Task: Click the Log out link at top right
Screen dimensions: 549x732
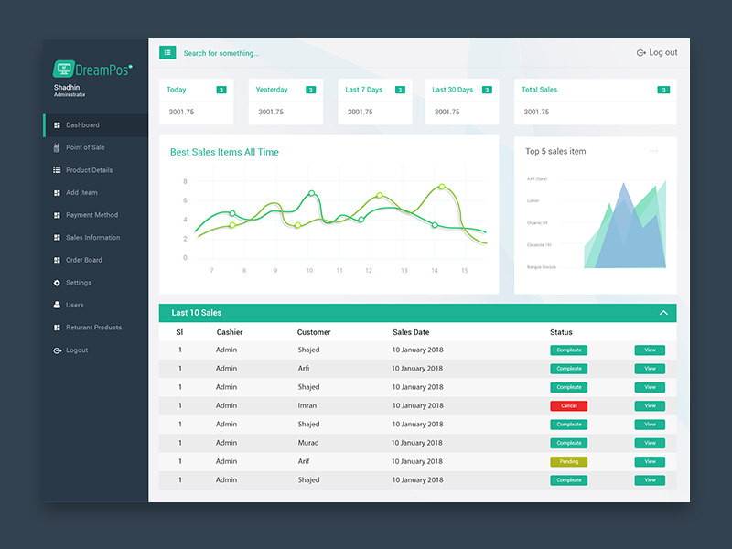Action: point(657,53)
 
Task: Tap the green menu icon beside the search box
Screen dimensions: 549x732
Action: point(167,53)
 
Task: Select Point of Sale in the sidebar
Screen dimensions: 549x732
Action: point(85,147)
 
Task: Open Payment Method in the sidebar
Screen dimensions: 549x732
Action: point(91,215)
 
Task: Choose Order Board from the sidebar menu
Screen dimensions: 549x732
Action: point(83,260)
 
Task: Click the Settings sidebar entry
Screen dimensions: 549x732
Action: point(78,283)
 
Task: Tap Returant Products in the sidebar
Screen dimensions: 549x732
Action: point(93,328)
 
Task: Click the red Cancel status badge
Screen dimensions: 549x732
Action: point(568,405)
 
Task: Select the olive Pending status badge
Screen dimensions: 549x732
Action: point(568,461)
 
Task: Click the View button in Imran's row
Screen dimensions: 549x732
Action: point(650,405)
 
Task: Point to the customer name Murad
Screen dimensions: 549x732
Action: point(308,443)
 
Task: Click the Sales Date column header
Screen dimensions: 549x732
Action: point(411,332)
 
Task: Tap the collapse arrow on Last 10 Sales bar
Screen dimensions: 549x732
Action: point(663,313)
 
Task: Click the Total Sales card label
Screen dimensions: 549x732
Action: point(539,90)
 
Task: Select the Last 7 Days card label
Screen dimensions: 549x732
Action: point(363,90)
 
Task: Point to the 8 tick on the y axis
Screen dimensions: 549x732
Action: point(185,181)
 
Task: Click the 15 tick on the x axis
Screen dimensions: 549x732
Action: point(464,271)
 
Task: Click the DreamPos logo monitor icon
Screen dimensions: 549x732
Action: point(64,69)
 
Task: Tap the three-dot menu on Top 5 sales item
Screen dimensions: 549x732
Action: point(653,151)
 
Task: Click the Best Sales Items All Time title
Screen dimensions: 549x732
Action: point(224,152)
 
